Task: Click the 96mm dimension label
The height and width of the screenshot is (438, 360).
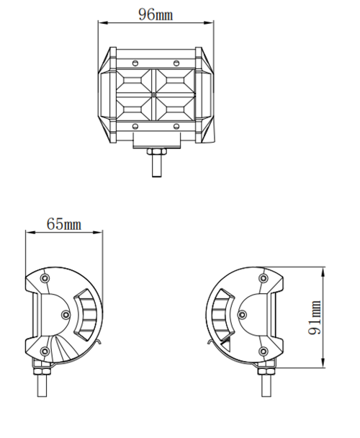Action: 156,14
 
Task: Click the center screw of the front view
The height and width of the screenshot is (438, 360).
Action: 155,94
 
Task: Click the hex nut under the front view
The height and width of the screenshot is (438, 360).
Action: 156,152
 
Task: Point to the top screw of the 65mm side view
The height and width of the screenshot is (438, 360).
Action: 45,279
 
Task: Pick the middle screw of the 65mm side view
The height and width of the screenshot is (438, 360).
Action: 66,315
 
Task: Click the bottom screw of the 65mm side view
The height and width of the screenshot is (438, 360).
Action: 45,351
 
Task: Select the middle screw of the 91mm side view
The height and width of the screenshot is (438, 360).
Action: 243,315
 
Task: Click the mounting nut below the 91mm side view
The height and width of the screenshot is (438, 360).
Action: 264,373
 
